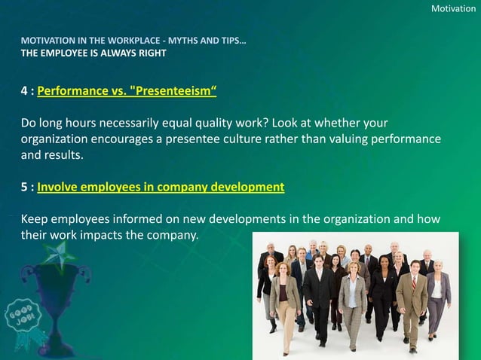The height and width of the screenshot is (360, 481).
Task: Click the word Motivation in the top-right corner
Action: point(453,8)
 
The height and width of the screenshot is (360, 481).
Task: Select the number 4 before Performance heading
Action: point(24,92)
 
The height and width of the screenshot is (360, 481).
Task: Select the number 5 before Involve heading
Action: point(24,187)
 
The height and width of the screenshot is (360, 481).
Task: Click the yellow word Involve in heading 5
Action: point(59,187)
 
